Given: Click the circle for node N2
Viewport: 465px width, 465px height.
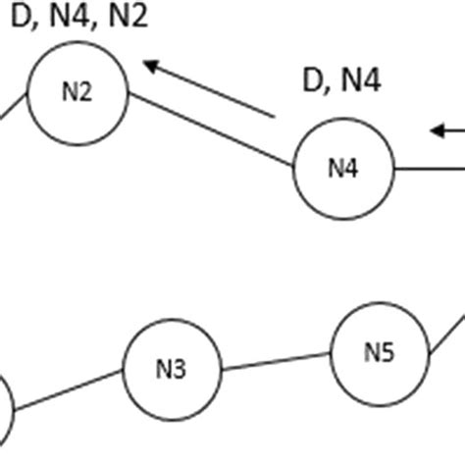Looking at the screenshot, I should (77, 92).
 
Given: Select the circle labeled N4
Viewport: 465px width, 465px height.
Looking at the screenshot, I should (343, 168).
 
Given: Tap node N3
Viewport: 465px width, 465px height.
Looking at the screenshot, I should (172, 369).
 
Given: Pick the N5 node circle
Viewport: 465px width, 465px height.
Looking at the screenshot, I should (380, 351).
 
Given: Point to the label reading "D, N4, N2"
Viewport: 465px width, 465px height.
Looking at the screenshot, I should (80, 20).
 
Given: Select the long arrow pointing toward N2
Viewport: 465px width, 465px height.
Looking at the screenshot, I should (208, 90).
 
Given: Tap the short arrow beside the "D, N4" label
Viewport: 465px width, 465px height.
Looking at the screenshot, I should (448, 129).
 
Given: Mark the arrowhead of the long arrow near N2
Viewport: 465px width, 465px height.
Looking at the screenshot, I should (150, 66).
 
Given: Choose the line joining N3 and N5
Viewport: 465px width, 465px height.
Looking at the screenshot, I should (276, 362).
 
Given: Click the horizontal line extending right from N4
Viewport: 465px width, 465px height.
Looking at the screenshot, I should (429, 169).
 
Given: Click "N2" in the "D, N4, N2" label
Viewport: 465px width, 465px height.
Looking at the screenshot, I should (127, 20).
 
